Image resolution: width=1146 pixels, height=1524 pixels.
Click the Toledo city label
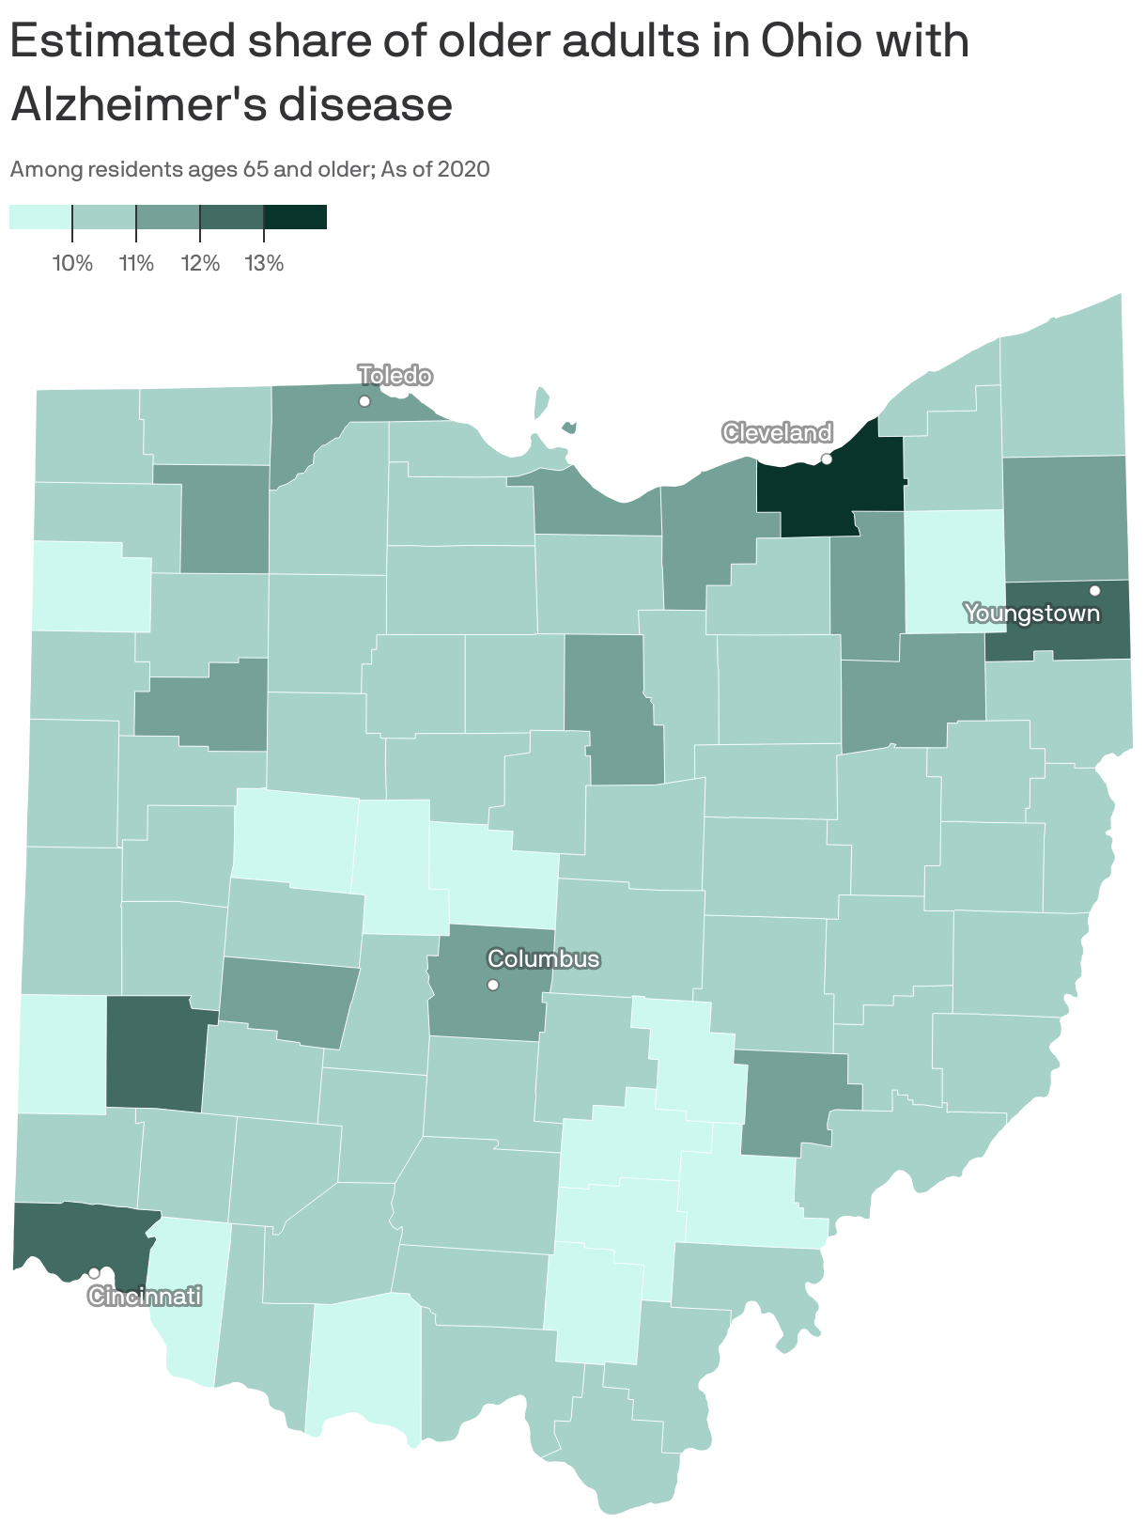pos(395,376)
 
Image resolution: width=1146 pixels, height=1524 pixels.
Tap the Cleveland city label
pos(777,432)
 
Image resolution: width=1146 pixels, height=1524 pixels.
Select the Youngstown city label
pos(1031,614)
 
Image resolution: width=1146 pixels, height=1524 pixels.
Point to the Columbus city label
pos(543,959)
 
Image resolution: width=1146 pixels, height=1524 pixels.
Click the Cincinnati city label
pos(144,1297)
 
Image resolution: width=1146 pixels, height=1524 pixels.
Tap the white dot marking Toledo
pos(364,401)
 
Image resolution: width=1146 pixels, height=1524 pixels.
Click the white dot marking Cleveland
pos(827,459)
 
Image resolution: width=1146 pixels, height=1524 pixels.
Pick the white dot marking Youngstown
pos(1094,590)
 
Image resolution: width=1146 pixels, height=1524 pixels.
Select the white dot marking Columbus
pos(492,985)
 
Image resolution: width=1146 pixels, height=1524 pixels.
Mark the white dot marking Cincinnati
pos(94,1272)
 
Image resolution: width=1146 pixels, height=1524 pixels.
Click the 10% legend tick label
pos(72,263)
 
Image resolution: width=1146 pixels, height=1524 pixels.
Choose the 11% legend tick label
pos(136,263)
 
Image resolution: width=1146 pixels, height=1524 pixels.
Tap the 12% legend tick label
pos(200,263)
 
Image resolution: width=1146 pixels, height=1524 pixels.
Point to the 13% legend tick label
pos(264,263)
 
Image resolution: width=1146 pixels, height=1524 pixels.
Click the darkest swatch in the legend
pos(295,217)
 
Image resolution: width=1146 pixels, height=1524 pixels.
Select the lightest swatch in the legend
pos(40,217)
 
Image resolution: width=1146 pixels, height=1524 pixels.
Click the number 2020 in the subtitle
pos(463,170)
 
